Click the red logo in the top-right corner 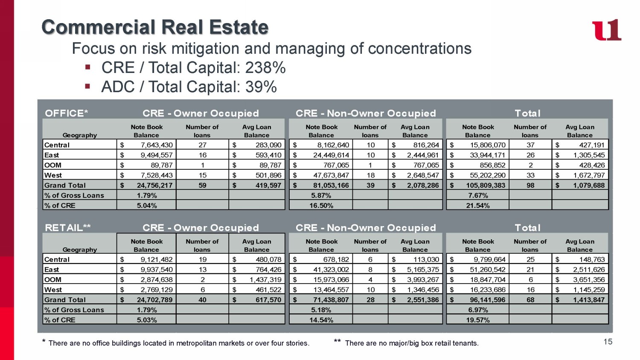(x=606, y=30)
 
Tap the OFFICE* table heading (x=66, y=113)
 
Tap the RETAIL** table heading (x=68, y=228)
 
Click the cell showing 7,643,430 (x=156, y=145)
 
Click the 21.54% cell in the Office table (x=478, y=206)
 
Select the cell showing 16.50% (x=321, y=206)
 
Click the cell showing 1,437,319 (x=265, y=280)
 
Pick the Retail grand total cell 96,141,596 (x=487, y=300)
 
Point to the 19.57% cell (x=478, y=320)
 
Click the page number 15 (x=608, y=342)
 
